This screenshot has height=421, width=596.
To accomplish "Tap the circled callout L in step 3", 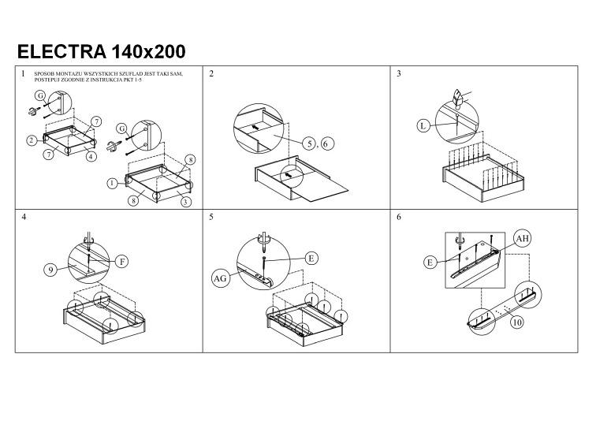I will tap(423, 125).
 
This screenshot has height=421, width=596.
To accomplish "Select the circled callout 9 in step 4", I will tap(49, 270).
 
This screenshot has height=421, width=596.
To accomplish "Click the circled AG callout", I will tap(220, 278).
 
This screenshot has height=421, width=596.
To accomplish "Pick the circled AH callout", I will tap(522, 237).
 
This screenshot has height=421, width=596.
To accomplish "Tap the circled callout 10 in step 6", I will tap(517, 322).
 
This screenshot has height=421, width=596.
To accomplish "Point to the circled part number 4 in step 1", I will tap(91, 156).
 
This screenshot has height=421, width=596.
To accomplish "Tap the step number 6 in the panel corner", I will tap(399, 216).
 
